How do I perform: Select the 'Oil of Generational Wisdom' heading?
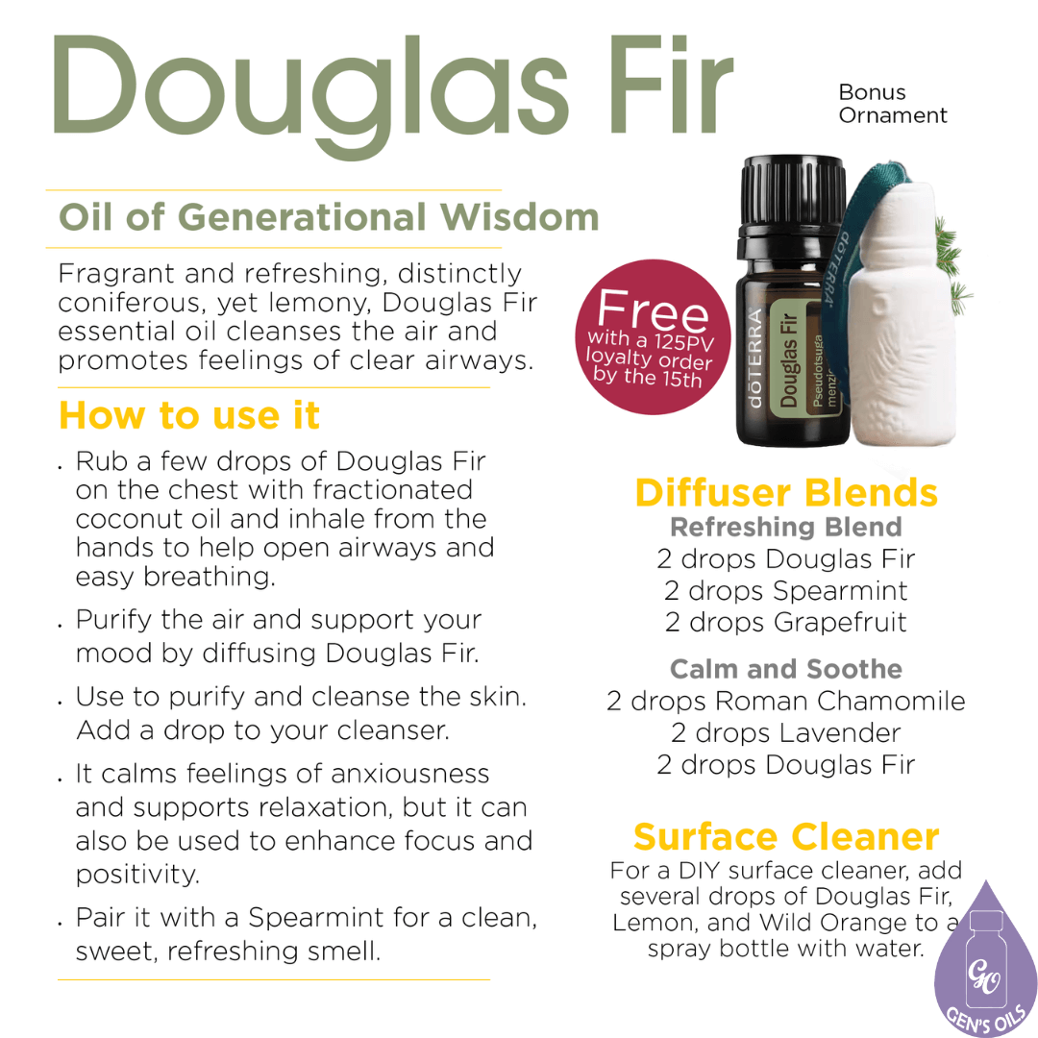coord(328,217)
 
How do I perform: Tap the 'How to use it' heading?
coord(189,415)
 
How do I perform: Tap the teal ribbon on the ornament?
coord(871,192)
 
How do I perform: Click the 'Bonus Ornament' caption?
coord(892,104)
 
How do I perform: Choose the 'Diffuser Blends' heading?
coord(785,492)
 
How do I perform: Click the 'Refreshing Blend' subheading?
coord(785,527)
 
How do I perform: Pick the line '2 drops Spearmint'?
coord(785,590)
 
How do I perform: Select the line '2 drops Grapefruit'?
coord(785,622)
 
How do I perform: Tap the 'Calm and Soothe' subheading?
coord(785,669)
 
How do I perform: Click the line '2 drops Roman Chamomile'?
coord(785,701)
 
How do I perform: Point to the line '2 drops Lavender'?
coord(785,732)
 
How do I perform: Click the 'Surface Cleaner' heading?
coord(785,836)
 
